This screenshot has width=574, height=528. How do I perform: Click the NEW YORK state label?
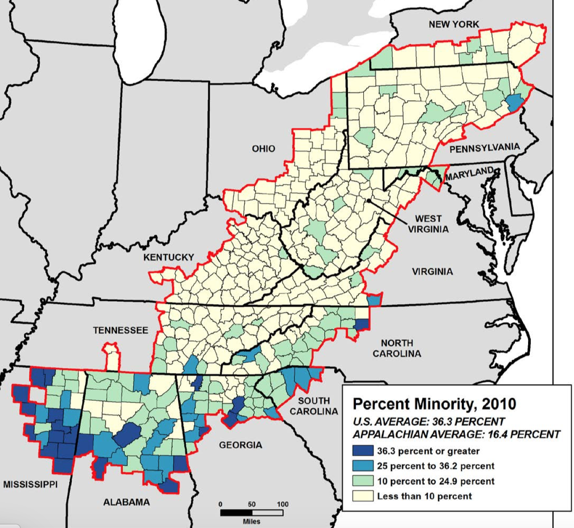453,24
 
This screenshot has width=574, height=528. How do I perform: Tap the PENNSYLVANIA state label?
484,148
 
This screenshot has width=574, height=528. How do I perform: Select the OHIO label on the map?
263,149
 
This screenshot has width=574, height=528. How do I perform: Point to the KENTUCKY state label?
168,257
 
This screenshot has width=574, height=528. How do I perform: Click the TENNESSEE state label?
121,330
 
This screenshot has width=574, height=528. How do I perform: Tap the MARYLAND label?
469,173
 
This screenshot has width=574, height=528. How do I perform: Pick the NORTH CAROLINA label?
397,348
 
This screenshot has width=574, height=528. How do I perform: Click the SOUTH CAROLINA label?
313,406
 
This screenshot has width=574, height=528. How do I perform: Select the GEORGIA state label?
241,445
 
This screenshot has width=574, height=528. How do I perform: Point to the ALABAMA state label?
126,502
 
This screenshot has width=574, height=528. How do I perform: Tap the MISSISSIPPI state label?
30,484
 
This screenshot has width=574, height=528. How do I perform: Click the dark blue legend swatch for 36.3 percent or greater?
363,451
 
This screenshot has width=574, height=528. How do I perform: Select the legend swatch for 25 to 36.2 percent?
363,466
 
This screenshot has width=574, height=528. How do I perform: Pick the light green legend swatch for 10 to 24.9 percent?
363,481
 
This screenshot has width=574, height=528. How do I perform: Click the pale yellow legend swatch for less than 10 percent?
363,496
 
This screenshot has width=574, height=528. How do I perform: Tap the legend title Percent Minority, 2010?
434,404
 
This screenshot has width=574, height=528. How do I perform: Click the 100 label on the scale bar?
283,504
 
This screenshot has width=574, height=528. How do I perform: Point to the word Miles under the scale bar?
252,521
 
